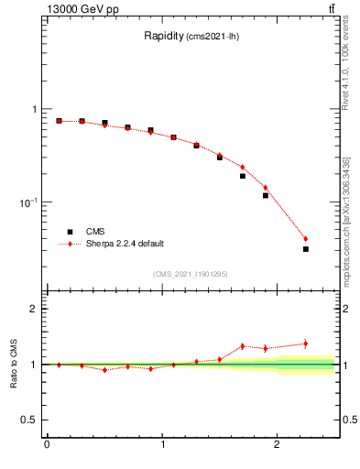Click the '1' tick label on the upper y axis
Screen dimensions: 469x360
click(36, 109)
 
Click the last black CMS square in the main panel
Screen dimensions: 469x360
click(306, 249)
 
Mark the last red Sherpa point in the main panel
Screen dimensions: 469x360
click(306, 239)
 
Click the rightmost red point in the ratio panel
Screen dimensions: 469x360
click(306, 344)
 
